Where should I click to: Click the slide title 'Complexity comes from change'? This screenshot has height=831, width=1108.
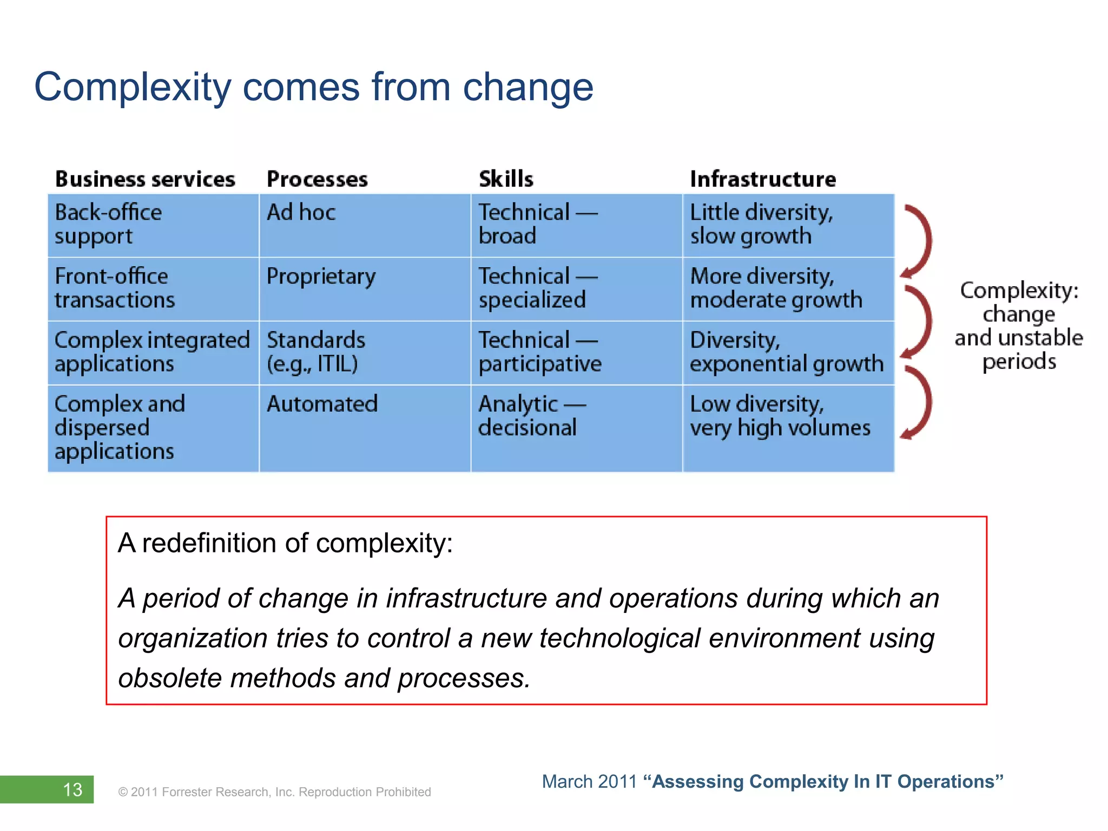(x=314, y=87)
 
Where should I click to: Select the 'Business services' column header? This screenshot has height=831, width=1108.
(x=145, y=179)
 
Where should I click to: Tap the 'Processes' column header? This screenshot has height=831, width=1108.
(x=317, y=179)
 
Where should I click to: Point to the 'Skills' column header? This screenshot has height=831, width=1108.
(x=506, y=179)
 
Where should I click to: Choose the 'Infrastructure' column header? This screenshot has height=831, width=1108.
(x=763, y=179)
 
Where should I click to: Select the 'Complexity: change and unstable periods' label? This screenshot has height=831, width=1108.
(x=1019, y=326)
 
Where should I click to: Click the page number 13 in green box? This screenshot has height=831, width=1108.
(x=72, y=789)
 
